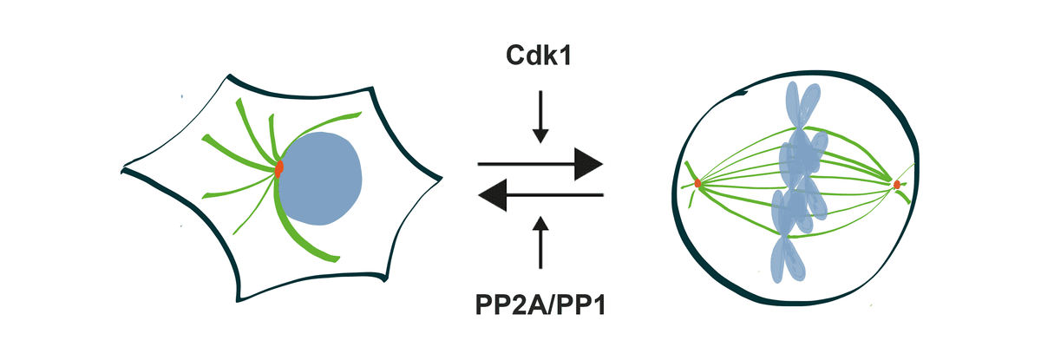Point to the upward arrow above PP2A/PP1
point(540,243)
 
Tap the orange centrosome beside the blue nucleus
point(279,169)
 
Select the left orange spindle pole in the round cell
point(697,183)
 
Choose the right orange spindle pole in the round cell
point(896,184)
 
